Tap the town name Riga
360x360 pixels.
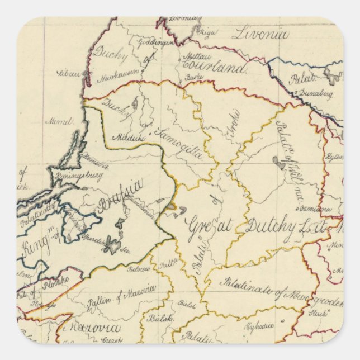coord(207,33)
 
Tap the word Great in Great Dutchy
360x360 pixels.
coord(203,222)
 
